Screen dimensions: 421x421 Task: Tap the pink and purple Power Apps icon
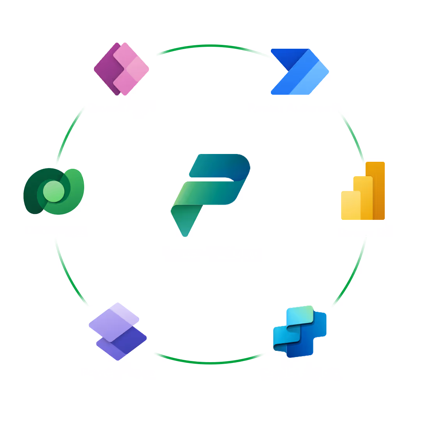(x=122, y=69)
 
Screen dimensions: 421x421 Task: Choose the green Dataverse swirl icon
(x=54, y=191)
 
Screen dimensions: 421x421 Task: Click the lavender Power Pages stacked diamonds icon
(x=117, y=331)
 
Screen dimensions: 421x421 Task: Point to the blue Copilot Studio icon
(x=299, y=331)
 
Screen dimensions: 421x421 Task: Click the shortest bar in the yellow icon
(x=350, y=205)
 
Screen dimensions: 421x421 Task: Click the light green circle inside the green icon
(x=53, y=191)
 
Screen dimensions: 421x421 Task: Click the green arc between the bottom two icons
(x=210, y=363)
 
